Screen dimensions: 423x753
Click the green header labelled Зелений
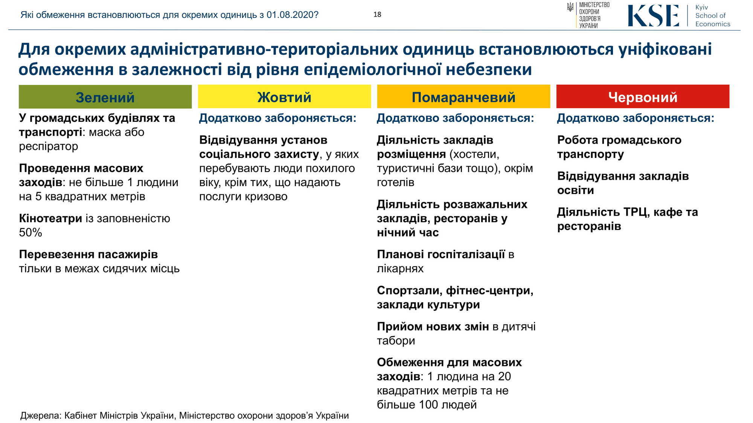coord(105,97)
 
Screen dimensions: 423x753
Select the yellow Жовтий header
coord(284,97)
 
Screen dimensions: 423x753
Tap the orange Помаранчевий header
coord(463,97)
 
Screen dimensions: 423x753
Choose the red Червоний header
coord(643,97)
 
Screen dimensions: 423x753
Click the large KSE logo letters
coord(653,16)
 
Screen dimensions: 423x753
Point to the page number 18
coord(377,15)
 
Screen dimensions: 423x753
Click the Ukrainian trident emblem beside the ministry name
coord(570,7)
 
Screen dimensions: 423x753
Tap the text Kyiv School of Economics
coord(712,16)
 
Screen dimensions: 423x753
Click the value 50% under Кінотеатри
coord(30,233)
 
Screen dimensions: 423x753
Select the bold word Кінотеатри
coord(50,218)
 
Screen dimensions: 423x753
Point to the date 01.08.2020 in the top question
coord(292,15)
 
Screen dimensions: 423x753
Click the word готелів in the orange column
coord(395,183)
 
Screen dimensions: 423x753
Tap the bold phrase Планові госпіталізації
coord(441,255)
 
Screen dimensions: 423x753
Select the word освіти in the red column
coord(575,190)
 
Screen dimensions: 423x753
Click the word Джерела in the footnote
coord(40,416)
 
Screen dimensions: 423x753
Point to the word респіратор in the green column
coord(48,146)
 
